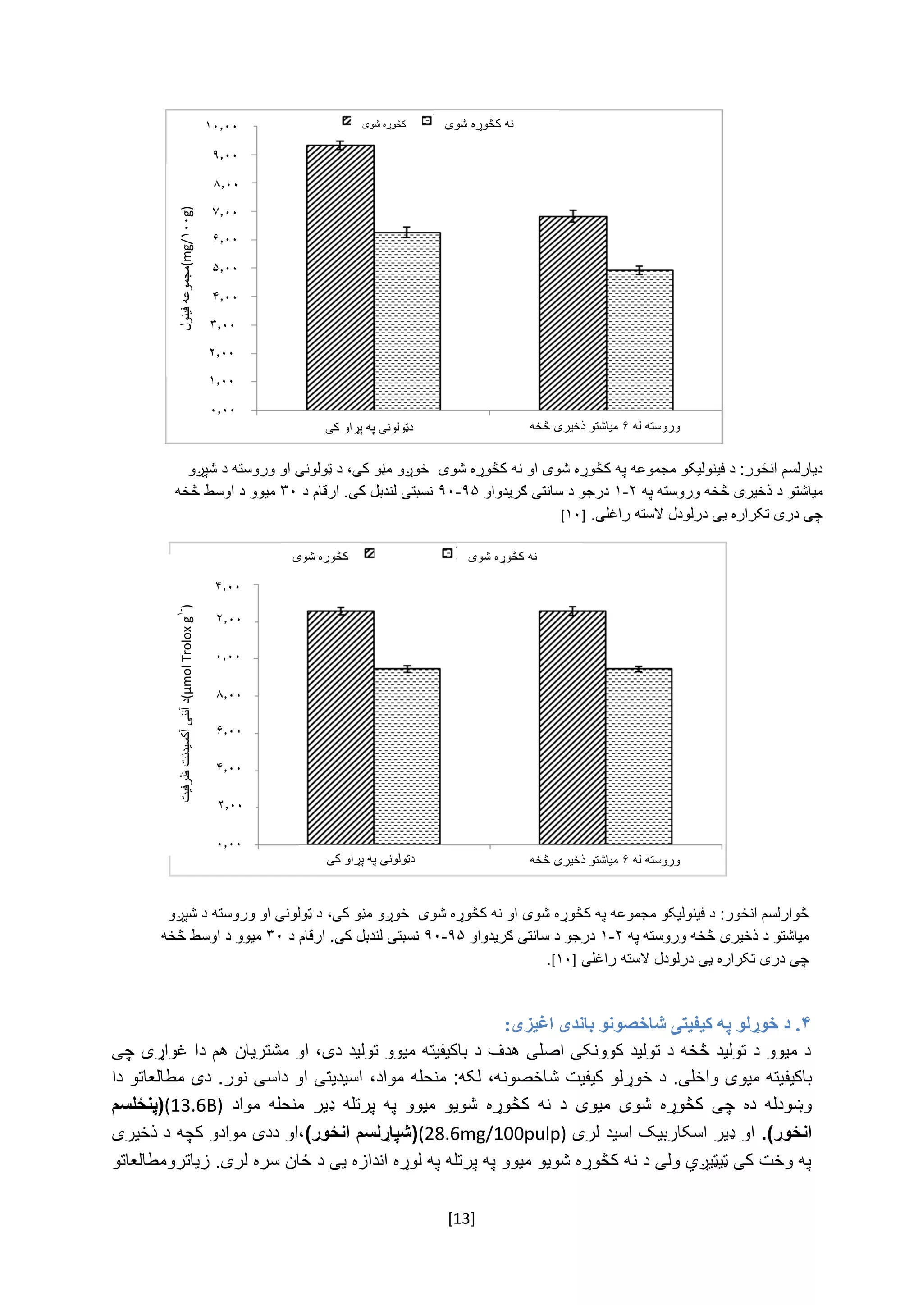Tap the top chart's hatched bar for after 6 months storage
pyautogui.click(x=572, y=313)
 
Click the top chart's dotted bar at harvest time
pyautogui.click(x=407, y=321)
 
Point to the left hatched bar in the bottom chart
pyautogui.click(x=340, y=727)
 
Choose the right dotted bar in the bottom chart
pyautogui.click(x=639, y=756)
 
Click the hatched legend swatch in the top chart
pyautogui.click(x=347, y=121)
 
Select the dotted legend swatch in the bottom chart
pyautogui.click(x=447, y=554)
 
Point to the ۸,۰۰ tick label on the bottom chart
pyautogui.click(x=228, y=694)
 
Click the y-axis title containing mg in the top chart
pyautogui.click(x=187, y=267)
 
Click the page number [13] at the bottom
pyautogui.click(x=461, y=1218)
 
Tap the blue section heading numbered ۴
pyautogui.click(x=657, y=1024)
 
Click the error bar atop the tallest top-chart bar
pyautogui.click(x=340, y=145)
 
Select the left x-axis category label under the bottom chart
pyautogui.click(x=370, y=860)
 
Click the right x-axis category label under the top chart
pyautogui.click(x=605, y=426)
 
